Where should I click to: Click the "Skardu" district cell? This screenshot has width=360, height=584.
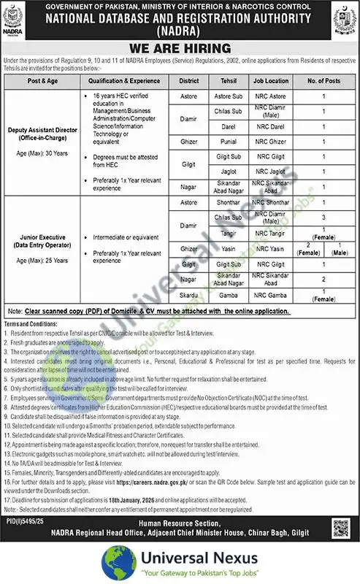(x=188, y=296)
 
